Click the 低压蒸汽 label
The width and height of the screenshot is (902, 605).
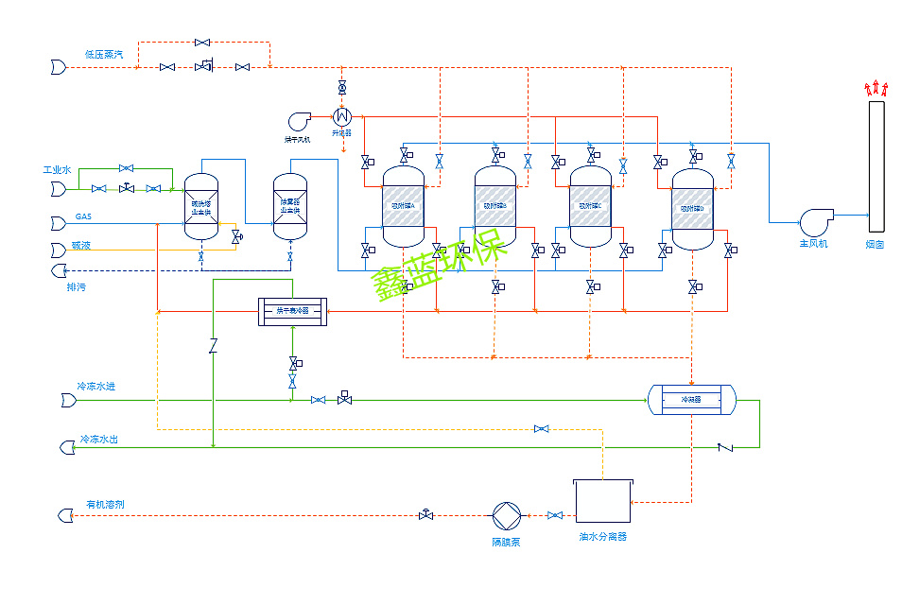point(103,54)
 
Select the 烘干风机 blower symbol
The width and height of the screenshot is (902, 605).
point(301,120)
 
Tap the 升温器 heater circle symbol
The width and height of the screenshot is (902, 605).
point(341,116)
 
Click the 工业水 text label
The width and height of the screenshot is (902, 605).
point(57,170)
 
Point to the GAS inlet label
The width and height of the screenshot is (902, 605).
point(83,216)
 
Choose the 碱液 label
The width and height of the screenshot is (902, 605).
point(80,246)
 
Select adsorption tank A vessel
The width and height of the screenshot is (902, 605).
point(403,207)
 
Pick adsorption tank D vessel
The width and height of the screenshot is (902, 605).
point(693,209)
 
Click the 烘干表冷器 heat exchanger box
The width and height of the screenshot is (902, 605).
point(292,311)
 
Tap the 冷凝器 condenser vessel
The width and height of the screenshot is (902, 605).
point(692,400)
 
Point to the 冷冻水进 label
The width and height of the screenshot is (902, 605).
point(96,387)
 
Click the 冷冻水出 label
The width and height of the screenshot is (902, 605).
point(98,440)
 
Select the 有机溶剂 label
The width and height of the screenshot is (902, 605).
point(105,504)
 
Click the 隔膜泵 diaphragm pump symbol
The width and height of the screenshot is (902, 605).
point(507,516)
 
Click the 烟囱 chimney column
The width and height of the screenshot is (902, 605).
point(876,165)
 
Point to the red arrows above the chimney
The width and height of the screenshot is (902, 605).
point(876,89)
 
